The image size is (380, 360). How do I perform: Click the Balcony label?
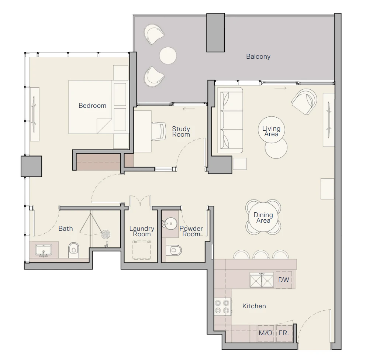tap(258, 56)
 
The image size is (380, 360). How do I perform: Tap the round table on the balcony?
tap(168, 55)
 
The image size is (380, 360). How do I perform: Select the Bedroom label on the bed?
tap(92, 106)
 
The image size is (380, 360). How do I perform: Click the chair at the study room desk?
tap(159, 131)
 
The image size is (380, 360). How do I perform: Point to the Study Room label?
tap(181, 132)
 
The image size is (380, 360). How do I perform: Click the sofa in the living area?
tap(230, 120)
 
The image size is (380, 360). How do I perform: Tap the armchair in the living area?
tap(304, 102)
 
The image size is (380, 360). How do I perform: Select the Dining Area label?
tap(263, 217)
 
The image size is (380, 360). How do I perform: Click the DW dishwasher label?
tap(284, 280)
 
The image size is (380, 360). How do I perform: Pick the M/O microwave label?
tap(265, 333)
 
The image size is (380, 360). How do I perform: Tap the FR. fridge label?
tap(284, 333)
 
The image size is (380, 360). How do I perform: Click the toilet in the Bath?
tap(74, 250)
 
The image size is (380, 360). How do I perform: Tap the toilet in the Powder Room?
tap(174, 250)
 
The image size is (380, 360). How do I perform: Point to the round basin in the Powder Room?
tap(170, 223)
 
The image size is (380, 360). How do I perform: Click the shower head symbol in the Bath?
tap(106, 234)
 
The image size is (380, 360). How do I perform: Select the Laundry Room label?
tap(142, 231)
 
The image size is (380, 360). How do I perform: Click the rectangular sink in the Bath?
tap(44, 250)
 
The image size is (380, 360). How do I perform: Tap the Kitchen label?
tap(254, 306)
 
